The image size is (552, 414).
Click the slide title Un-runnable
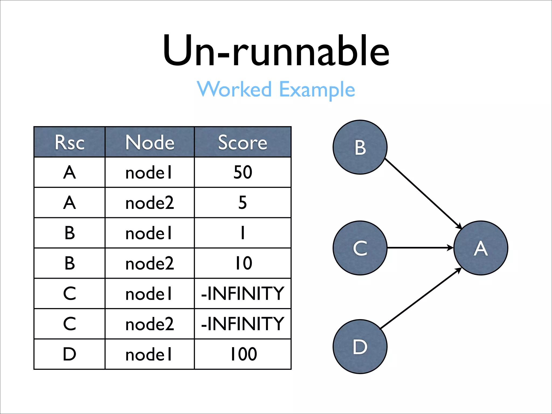(x=276, y=51)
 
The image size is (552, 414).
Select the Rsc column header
(x=70, y=142)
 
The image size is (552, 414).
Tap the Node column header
(x=150, y=142)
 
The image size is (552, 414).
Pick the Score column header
(x=243, y=142)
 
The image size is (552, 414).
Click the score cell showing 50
(x=243, y=172)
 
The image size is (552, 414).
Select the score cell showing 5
(x=243, y=203)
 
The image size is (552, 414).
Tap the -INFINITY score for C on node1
(x=243, y=294)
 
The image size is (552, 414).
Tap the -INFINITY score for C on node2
(x=243, y=324)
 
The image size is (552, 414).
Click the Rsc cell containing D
(x=70, y=354)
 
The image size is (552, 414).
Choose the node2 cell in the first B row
(x=150, y=263)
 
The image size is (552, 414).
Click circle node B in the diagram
(x=360, y=147)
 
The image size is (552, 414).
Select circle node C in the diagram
(x=360, y=248)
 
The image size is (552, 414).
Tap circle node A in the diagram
(x=481, y=248)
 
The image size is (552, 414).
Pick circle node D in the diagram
(x=360, y=347)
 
